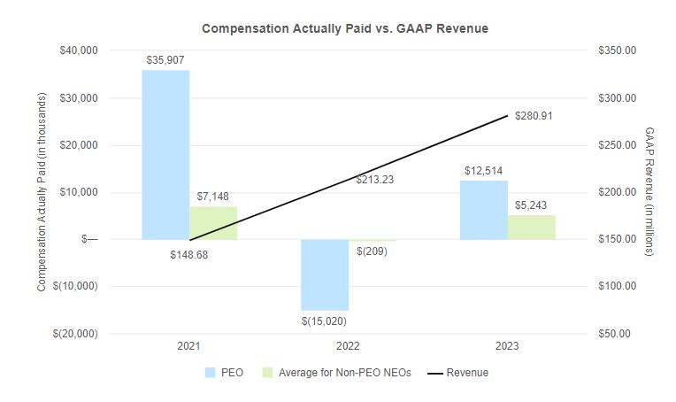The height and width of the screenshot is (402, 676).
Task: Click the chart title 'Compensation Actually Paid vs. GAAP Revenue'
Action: coord(345,28)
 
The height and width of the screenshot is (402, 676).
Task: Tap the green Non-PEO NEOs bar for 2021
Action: coord(213,222)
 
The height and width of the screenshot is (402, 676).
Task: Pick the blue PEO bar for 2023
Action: coord(483,210)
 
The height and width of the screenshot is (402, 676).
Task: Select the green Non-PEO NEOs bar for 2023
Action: coord(532,227)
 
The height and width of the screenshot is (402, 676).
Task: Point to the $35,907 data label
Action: coord(165,59)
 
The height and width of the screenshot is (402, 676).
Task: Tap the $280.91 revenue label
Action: coord(534,116)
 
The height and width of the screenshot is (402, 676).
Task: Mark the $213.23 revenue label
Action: coord(376,180)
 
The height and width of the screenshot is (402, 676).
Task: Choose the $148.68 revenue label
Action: coord(189,254)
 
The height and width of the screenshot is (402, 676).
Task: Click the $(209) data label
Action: coord(372,251)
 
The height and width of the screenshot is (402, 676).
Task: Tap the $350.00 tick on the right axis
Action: coord(618,50)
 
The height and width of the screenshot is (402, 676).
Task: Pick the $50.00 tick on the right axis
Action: coord(618,334)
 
